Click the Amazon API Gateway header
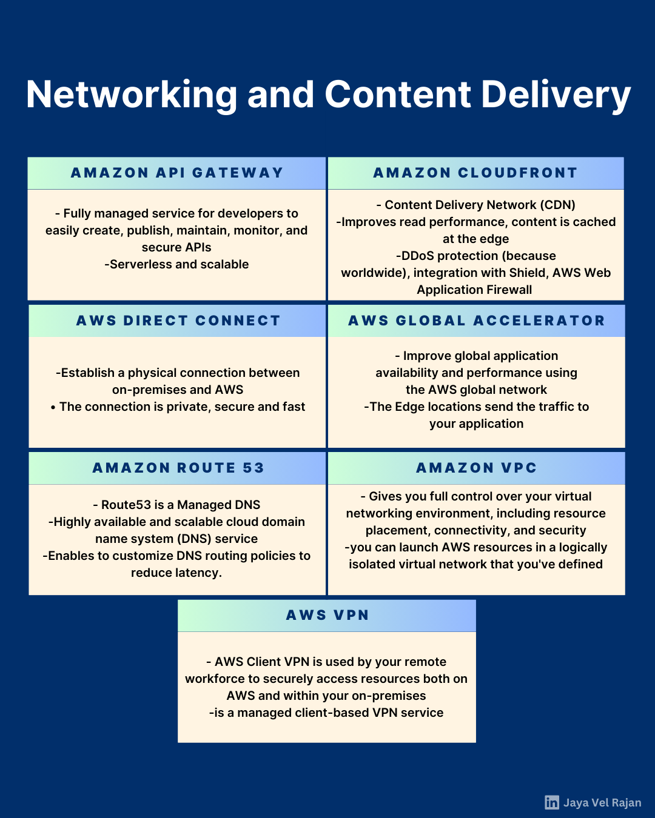coord(176,173)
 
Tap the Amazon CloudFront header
coord(475,173)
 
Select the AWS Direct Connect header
coord(178,321)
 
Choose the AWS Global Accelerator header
coord(476,321)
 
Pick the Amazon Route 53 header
coord(178,468)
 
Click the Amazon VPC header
coord(476,468)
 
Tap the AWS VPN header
coord(327,615)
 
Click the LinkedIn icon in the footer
coord(552,802)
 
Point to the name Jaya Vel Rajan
coord(602,802)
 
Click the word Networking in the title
coord(132,96)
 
